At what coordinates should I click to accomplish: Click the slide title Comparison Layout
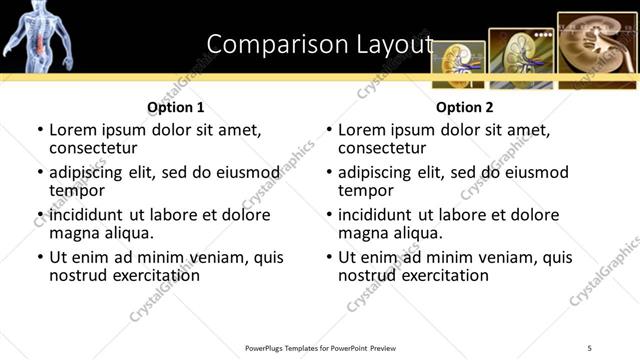point(319,44)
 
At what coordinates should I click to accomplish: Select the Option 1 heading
point(176,107)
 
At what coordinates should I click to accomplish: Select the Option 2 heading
point(464,107)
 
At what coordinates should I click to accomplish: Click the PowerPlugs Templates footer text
point(320,347)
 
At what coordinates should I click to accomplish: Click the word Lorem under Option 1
point(74,130)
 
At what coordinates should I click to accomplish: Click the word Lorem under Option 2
point(363,130)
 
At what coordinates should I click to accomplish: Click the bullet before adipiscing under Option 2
point(329,173)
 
